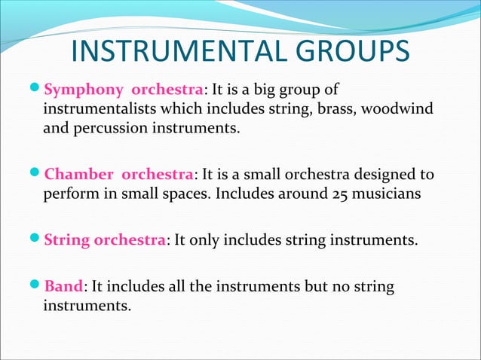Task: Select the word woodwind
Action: (399, 110)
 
